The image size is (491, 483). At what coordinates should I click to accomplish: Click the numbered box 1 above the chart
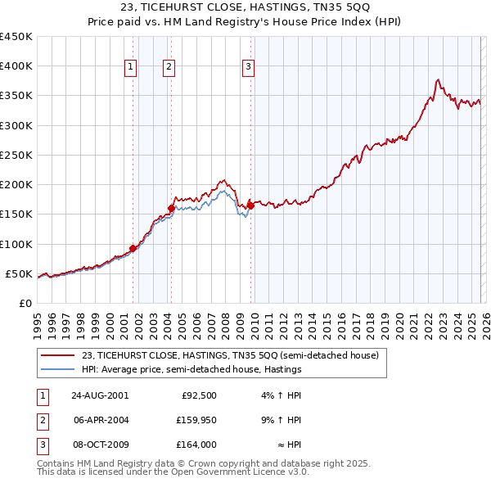coord(131,68)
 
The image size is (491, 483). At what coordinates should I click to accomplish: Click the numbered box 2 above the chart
coord(169,68)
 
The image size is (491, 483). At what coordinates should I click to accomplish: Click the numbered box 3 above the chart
coord(248,68)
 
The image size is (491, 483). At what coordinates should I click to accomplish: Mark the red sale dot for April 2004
coord(171,208)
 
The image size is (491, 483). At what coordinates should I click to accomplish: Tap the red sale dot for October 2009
coord(250,205)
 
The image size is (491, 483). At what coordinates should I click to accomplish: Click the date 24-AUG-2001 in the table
coord(100,395)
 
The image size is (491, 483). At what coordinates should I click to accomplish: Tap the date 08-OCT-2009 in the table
coord(100,445)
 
